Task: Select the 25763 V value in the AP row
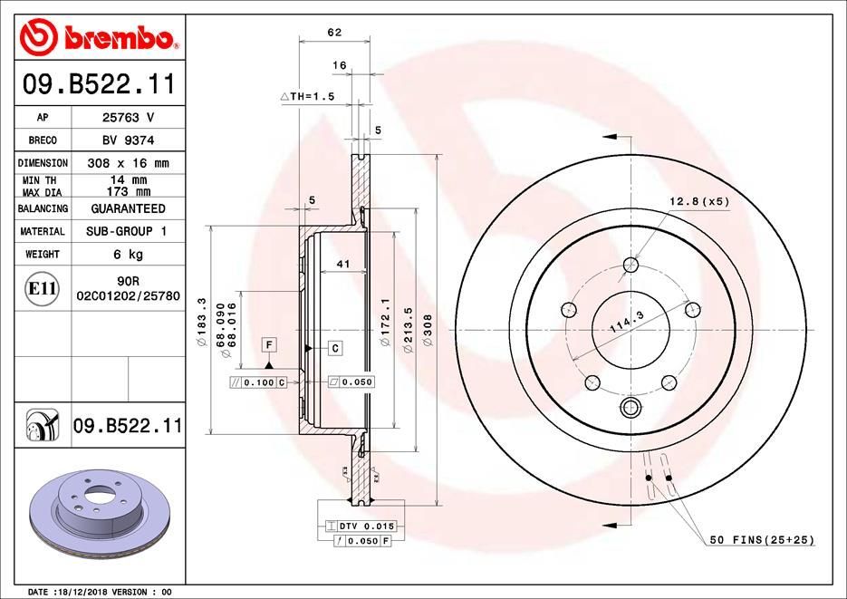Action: click(126, 118)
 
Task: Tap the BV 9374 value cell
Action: click(126, 140)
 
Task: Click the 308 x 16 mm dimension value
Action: click(126, 163)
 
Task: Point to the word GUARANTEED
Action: click(126, 208)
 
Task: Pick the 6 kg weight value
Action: click(126, 255)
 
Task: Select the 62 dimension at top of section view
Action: click(333, 33)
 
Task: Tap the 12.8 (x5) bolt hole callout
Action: click(698, 201)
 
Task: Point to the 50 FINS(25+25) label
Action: click(761, 540)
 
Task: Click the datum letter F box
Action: click(269, 343)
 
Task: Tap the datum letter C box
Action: click(334, 348)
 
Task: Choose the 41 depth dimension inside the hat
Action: click(342, 265)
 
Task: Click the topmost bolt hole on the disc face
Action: click(630, 266)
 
